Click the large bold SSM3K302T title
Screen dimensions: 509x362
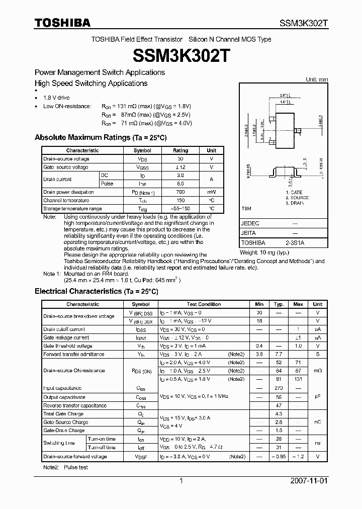[x=180, y=55]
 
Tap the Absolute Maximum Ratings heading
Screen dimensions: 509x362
[x=100, y=137]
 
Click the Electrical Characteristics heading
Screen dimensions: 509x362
[x=96, y=291]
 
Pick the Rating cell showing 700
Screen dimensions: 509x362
[x=180, y=192]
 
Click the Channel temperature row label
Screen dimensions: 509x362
[x=66, y=200]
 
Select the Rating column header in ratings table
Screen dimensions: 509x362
[x=180, y=150]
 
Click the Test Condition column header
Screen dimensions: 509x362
[x=204, y=304]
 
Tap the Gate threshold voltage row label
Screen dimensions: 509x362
[x=68, y=346]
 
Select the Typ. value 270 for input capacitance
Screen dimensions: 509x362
[x=279, y=388]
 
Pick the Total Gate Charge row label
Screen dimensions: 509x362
[x=63, y=414]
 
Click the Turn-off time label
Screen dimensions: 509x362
[x=102, y=447]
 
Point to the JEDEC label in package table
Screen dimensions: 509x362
[x=250, y=223]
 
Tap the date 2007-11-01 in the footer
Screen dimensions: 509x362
[x=309, y=481]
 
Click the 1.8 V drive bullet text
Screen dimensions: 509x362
[x=56, y=98]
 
